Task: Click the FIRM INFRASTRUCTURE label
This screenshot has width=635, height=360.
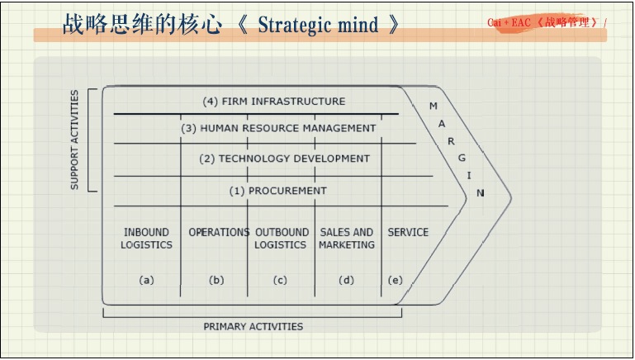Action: pos(274,102)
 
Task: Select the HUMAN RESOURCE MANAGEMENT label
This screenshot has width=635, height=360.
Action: pos(278,128)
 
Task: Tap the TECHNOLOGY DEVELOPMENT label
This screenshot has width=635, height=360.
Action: pos(285,159)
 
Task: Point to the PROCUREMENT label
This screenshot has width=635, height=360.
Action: pos(278,191)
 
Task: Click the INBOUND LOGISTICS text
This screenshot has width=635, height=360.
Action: pos(146,239)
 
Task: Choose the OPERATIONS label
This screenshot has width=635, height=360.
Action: pos(219,233)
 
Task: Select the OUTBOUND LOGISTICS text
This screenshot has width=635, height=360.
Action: pos(281,239)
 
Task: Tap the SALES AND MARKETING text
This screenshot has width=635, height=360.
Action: pos(347,239)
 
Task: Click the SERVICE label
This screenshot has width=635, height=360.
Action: pos(408,233)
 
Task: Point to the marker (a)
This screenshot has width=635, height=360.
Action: pos(146,280)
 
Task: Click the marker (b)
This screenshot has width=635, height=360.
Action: pos(216,280)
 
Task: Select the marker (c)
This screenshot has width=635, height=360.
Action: pos(280,280)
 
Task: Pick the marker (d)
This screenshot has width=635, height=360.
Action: pos(347,280)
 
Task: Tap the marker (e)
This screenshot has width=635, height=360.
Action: pos(395,280)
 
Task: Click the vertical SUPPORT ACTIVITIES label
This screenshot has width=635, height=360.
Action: pos(74,140)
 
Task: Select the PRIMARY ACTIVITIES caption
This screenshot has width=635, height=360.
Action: pos(253,326)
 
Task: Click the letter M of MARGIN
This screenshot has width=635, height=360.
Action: pos(434,107)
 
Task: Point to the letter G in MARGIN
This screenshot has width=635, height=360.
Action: pos(462,157)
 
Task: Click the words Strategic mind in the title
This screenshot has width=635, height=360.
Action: pos(318,25)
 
